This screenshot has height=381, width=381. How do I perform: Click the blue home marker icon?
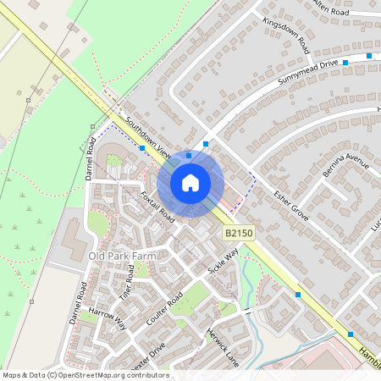point(190,182)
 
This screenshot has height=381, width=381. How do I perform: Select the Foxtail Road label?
point(157,207)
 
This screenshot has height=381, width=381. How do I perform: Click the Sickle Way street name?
point(224,262)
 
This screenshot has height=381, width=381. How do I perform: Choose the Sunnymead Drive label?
point(307,74)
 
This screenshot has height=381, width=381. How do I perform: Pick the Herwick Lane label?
point(223,347)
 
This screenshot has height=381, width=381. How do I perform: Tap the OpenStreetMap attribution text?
point(86,374)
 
